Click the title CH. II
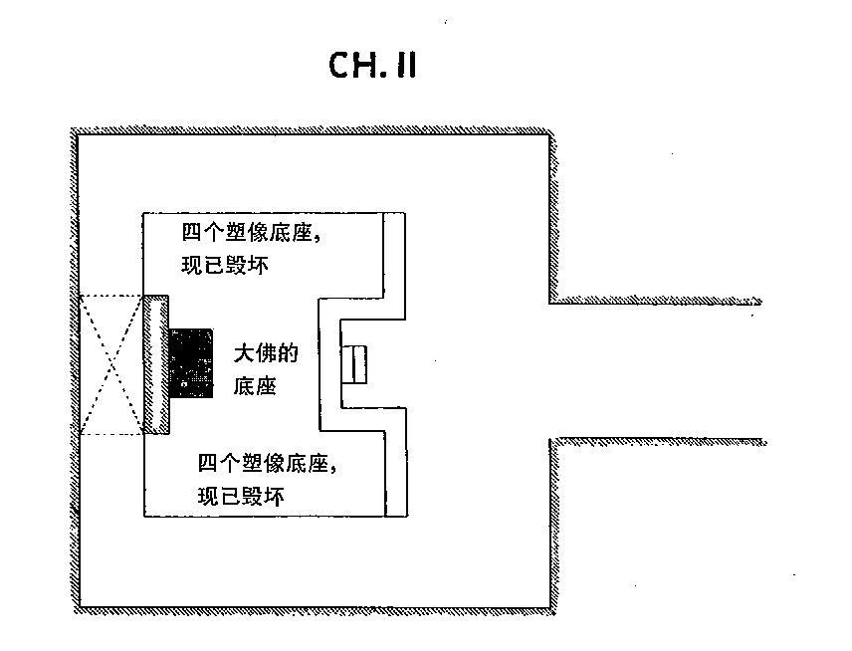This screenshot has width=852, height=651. tap(372, 66)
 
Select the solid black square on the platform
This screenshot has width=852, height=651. tap(191, 363)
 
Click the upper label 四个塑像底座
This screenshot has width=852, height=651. tap(247, 233)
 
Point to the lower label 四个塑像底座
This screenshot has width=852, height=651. tap(264, 464)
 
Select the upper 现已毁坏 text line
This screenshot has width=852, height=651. tap(225, 265)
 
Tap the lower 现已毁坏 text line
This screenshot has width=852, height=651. tap(241, 496)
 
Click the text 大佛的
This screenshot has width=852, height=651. tap(267, 353)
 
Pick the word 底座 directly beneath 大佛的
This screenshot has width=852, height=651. tap(256, 386)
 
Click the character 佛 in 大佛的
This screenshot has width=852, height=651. tap(267, 353)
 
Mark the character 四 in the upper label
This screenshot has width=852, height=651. tap(192, 233)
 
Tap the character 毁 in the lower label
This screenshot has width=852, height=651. tap(252, 496)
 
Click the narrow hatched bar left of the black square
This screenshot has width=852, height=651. tap(156, 364)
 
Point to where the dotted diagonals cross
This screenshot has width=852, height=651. tap(111, 364)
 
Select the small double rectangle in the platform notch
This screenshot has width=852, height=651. tap(353, 364)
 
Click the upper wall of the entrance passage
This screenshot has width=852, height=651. tap(655, 301)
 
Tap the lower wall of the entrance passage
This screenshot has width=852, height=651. tap(658, 442)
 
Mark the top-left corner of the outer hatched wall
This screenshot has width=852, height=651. tap(73, 129)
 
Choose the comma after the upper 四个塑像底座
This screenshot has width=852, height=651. tap(318, 238)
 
